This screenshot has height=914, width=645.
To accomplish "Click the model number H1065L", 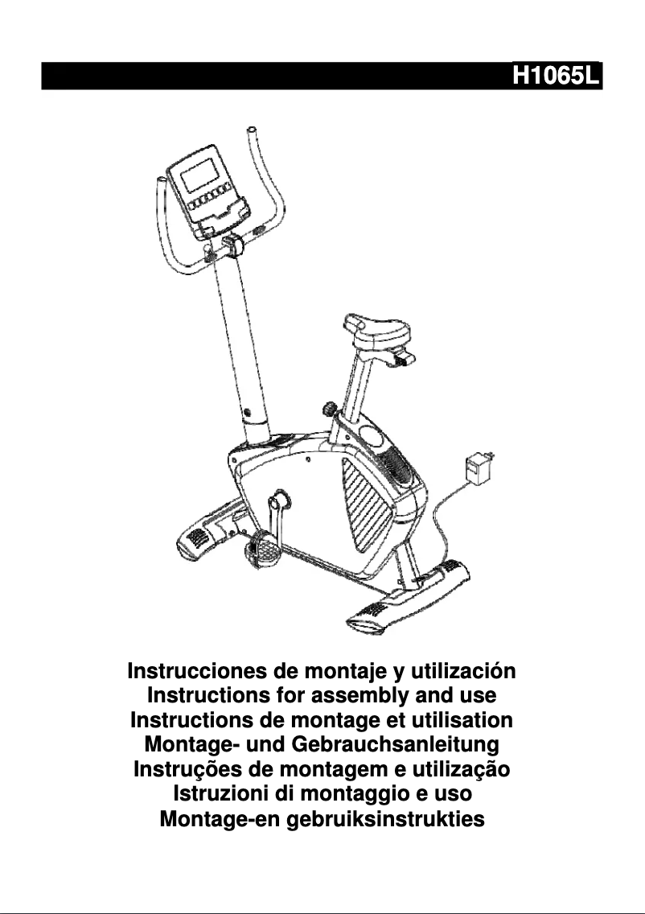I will pos(557,76).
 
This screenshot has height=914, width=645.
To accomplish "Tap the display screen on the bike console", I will pos(199,174).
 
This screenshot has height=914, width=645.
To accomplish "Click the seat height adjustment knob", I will pos(330,411).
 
